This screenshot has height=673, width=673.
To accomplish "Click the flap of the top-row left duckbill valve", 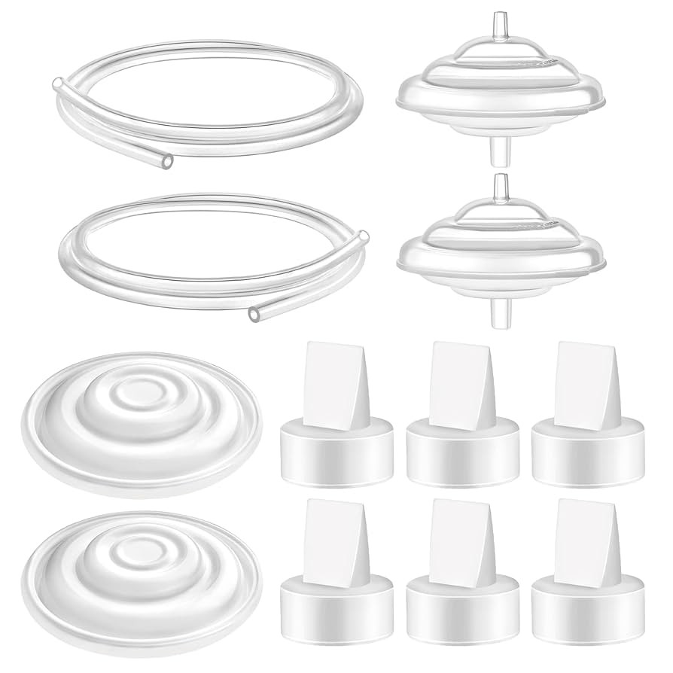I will [324, 376].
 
